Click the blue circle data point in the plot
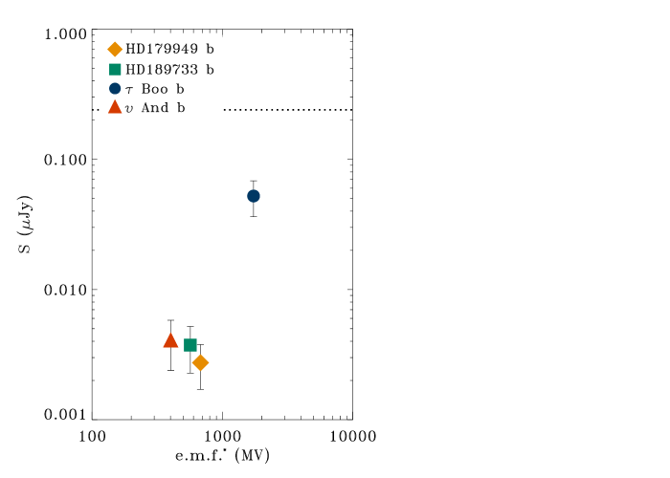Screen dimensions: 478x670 [x=254, y=196]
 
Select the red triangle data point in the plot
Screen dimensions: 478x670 [x=170, y=340]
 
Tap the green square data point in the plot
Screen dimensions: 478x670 [x=190, y=345]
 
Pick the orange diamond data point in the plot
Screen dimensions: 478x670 [x=200, y=362]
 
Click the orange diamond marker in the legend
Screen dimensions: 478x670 [x=115, y=49]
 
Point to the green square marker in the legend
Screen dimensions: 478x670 [x=115, y=69]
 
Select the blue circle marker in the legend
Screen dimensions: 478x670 [x=115, y=88]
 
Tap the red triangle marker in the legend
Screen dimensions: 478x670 [x=115, y=107]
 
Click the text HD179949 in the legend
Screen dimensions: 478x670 [x=162, y=49]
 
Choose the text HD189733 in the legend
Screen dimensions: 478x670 [x=162, y=69]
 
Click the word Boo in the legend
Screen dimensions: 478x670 [x=153, y=89]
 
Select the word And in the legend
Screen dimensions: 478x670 [x=154, y=108]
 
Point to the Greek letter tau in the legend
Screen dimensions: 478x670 [x=129, y=90]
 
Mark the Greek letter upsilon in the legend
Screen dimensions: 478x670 [x=129, y=109]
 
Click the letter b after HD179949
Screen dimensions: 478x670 [x=210, y=49]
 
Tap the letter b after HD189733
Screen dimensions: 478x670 [x=210, y=69]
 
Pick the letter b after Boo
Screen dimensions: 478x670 [x=180, y=89]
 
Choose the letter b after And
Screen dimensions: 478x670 [x=181, y=108]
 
